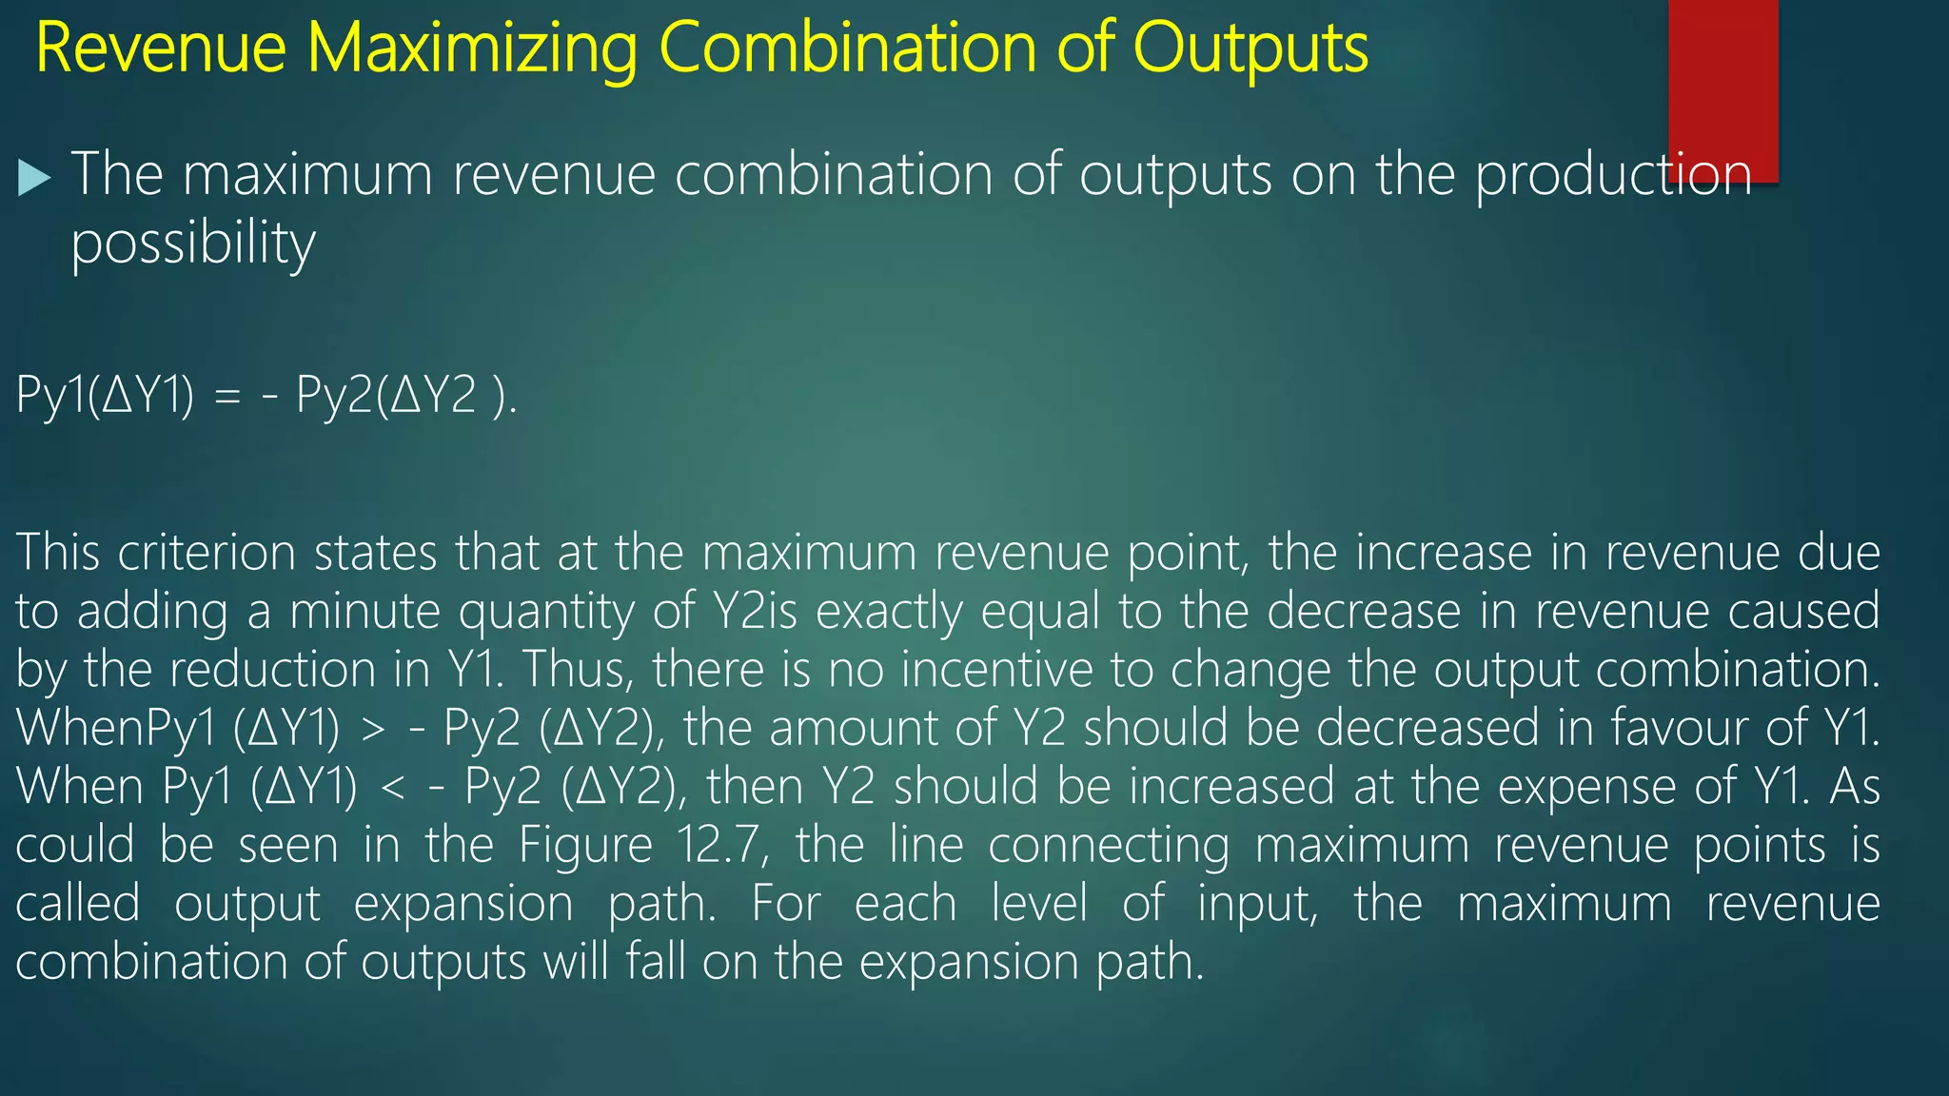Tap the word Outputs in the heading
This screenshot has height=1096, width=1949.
coord(1250,49)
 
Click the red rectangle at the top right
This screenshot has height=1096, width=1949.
coord(1723,86)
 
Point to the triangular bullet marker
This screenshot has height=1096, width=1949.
coord(33,178)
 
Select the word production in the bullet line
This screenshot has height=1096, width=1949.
coord(1613,176)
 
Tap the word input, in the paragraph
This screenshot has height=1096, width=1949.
coord(1257,904)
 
